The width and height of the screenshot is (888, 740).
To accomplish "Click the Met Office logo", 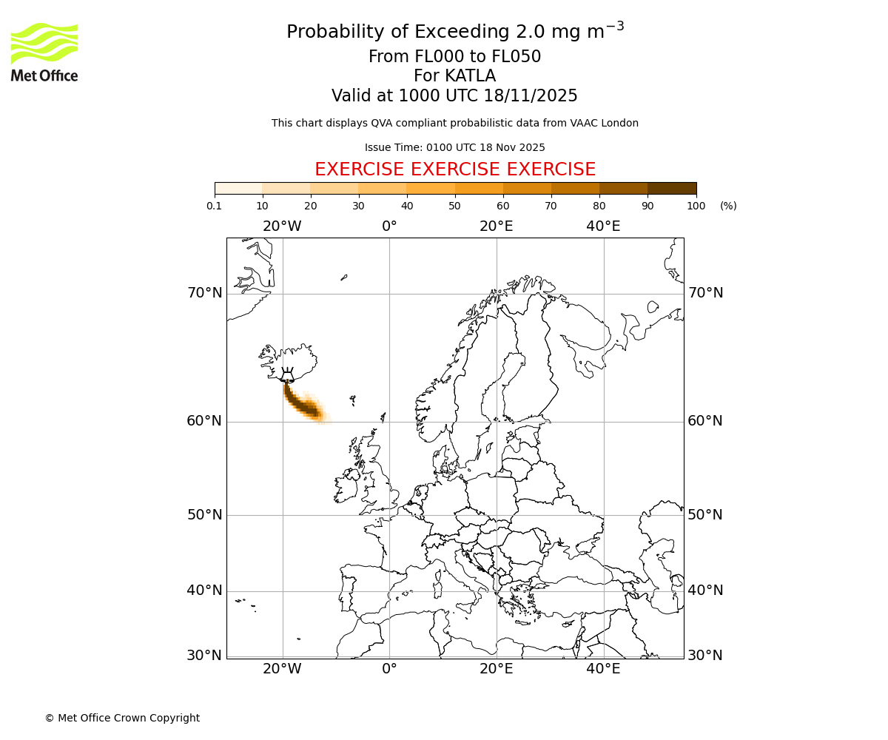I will point(44,52).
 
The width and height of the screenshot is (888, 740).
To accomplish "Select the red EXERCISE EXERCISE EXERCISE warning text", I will point(455,169).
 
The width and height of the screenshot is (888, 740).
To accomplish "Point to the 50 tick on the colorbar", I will point(455,206).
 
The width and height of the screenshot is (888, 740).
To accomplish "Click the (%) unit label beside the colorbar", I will point(728,206).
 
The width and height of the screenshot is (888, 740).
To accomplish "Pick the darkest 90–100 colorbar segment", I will point(672,188).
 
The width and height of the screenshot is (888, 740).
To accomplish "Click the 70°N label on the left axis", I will point(204,293).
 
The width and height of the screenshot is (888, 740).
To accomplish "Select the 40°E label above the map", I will point(603,226).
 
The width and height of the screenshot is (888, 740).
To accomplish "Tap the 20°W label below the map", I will point(282,669).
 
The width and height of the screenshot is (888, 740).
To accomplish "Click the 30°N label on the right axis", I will point(705,656).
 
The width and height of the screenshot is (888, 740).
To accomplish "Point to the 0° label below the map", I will point(389,669).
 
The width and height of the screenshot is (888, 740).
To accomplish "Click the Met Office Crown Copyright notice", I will point(122,718).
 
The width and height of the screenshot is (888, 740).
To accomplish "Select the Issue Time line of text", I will point(455,148).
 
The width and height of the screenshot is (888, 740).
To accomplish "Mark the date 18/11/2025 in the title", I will point(531,96).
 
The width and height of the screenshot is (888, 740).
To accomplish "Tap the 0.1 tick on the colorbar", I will point(215,206).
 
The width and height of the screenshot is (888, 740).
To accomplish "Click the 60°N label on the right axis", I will point(705,421).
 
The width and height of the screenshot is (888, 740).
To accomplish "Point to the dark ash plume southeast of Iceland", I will point(303,404).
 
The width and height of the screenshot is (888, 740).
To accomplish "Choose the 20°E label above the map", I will point(496,226).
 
